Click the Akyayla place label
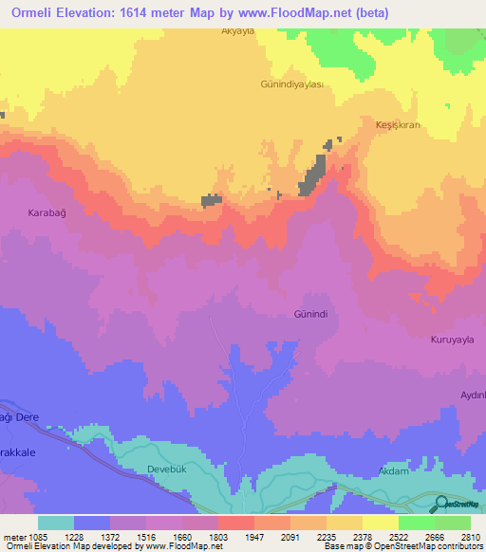[239, 30]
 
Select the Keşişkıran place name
[398, 125]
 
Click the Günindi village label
[310, 312]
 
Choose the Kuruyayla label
[452, 339]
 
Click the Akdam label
[392, 469]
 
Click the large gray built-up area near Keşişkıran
[311, 177]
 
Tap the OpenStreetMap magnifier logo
[443, 505]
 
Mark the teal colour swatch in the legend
[55, 523]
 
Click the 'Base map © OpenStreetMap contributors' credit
[402, 546]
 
